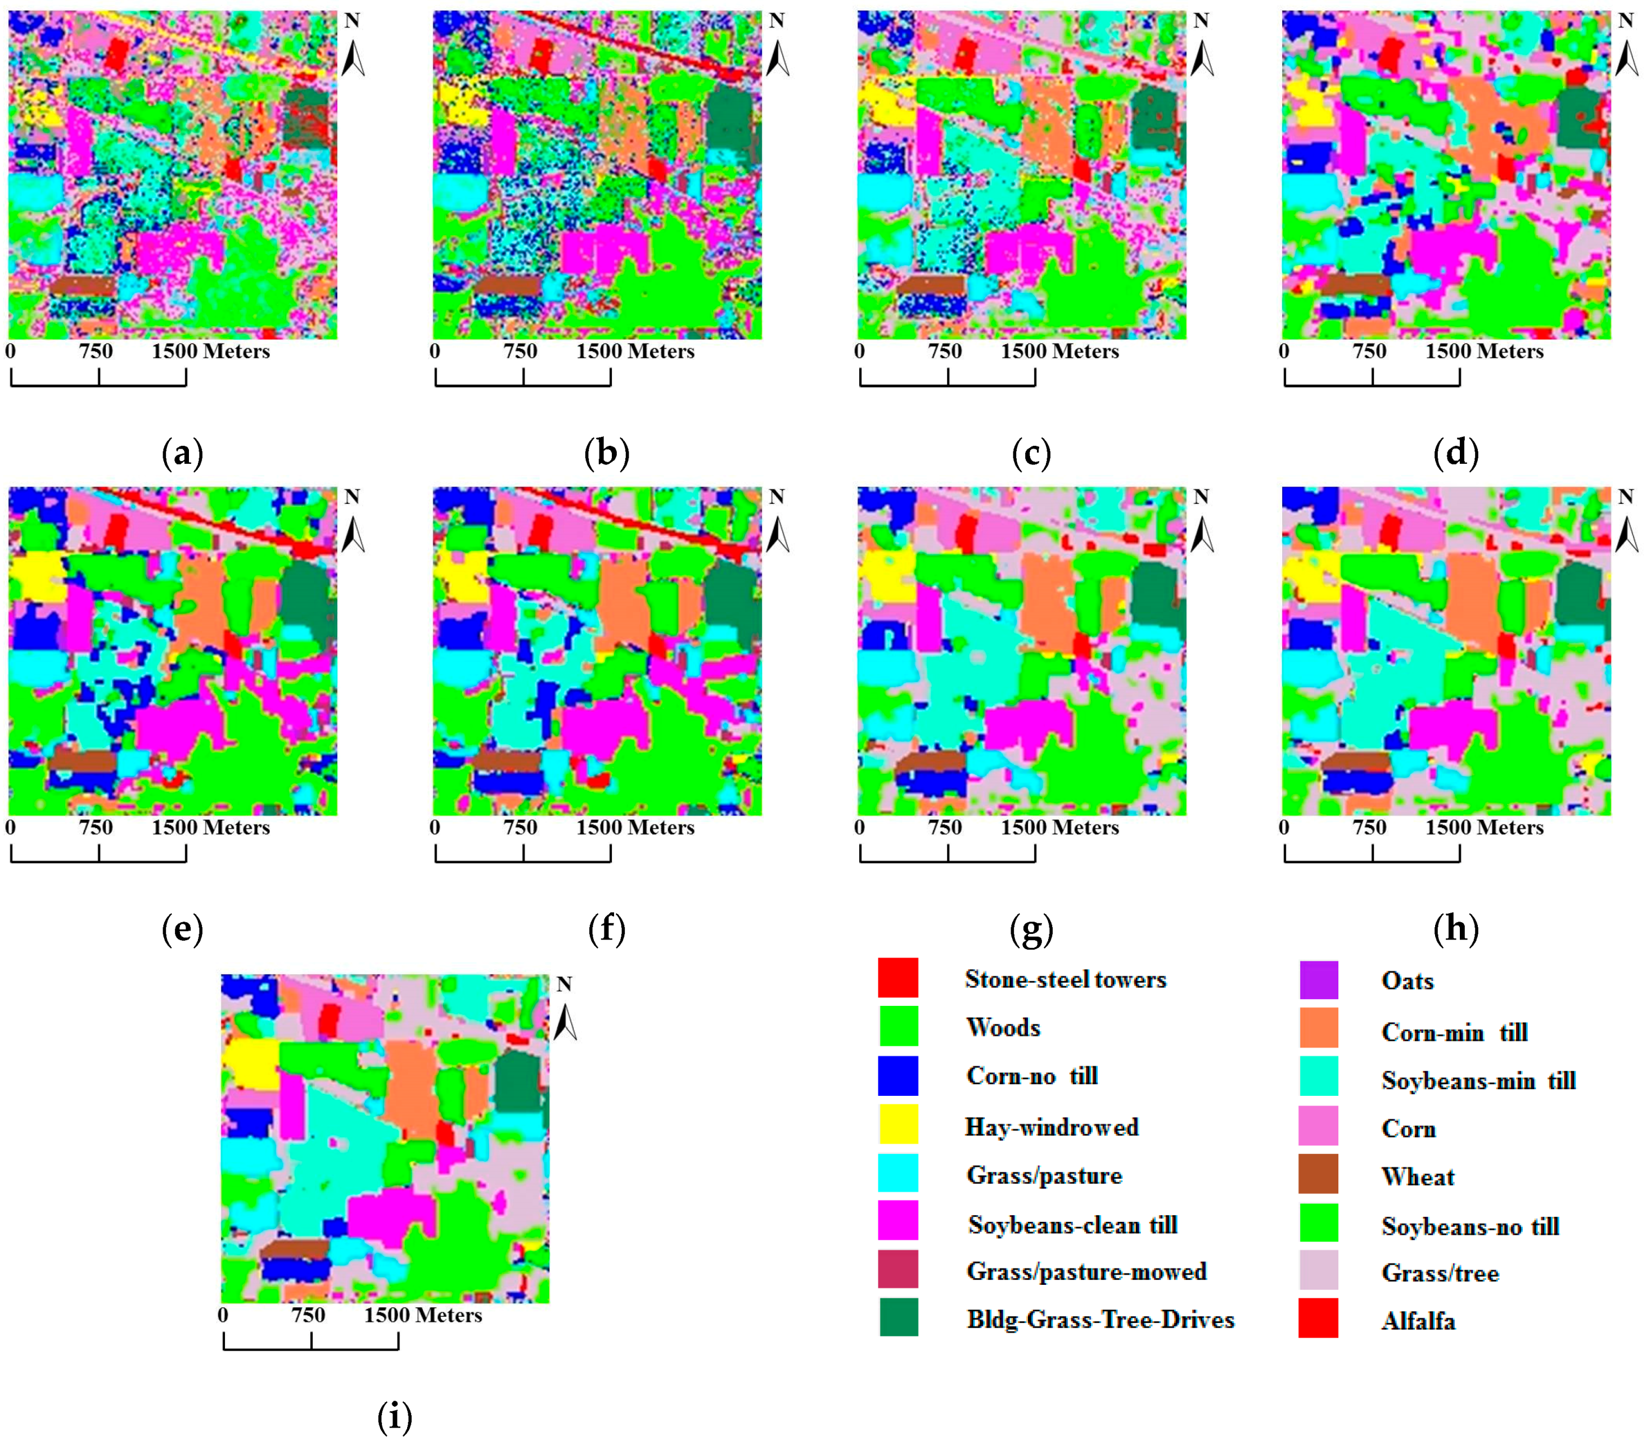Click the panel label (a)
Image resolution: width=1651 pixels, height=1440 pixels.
coord(182,454)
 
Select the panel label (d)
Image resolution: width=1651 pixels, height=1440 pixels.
coord(1456,454)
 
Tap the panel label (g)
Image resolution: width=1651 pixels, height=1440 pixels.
coord(1031,930)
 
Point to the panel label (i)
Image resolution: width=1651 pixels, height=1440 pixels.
coord(395,1417)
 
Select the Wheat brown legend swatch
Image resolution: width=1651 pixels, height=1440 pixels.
coord(1318,1174)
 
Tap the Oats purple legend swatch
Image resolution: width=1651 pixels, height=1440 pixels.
coord(1318,979)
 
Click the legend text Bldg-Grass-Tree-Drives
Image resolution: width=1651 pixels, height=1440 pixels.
coord(1099,1320)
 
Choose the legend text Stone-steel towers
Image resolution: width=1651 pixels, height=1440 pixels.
coord(1065,979)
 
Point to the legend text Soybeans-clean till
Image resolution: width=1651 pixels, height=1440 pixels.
coord(1072,1225)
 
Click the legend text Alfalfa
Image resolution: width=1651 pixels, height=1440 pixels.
coord(1418,1322)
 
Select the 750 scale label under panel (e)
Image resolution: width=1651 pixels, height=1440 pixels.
coord(96,828)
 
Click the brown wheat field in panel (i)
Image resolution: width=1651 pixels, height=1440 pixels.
coord(294,1249)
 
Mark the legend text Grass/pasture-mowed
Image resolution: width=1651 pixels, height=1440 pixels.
coord(1086,1272)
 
